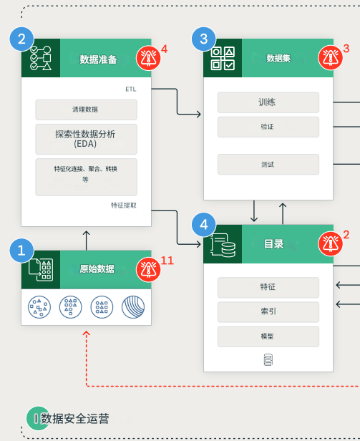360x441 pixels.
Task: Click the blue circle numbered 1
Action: click(21, 251)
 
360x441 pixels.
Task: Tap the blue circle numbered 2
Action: click(21, 39)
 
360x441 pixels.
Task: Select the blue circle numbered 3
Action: click(203, 39)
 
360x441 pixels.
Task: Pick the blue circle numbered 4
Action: click(203, 225)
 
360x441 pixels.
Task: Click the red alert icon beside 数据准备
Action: click(148, 57)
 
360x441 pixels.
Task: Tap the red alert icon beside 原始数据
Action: click(148, 269)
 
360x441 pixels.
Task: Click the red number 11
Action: click(167, 261)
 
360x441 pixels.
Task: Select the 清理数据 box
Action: click(86, 110)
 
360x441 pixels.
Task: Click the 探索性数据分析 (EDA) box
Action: click(86, 138)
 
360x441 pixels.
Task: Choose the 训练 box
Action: click(268, 102)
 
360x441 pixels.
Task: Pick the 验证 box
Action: click(268, 127)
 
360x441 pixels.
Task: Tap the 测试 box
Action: click(268, 165)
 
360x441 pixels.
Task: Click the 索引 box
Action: click(268, 311)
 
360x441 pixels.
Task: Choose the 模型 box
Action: click(268, 336)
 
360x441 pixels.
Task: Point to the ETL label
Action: click(130, 90)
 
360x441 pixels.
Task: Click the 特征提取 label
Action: click(124, 205)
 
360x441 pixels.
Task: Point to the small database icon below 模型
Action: click(268, 359)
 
